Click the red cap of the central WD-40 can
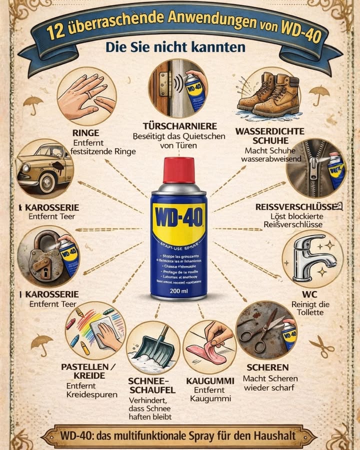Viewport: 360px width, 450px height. click(178, 170)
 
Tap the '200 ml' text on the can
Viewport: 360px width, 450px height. click(178, 290)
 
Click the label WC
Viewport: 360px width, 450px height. click(310, 294)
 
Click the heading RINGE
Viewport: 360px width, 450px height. click(85, 133)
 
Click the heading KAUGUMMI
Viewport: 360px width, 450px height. click(210, 381)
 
